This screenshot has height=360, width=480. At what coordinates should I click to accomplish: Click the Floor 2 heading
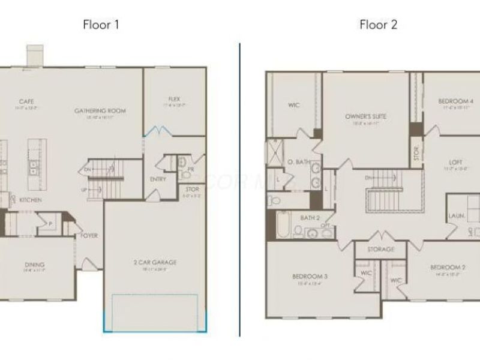point(378,25)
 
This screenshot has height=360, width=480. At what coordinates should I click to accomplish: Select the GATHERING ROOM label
point(100,110)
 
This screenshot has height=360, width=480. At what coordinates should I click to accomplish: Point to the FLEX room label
point(175,99)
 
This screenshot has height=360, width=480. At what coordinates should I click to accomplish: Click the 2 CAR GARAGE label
point(155,262)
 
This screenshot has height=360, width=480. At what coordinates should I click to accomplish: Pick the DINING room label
point(34,265)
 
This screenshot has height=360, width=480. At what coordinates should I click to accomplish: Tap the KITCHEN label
point(30,199)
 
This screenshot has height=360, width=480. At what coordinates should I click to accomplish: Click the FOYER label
point(89,236)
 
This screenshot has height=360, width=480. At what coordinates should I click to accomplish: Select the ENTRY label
point(158,179)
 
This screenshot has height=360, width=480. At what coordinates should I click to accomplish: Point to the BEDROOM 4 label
point(456,101)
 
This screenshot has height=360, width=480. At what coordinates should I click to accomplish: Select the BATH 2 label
point(310,217)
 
